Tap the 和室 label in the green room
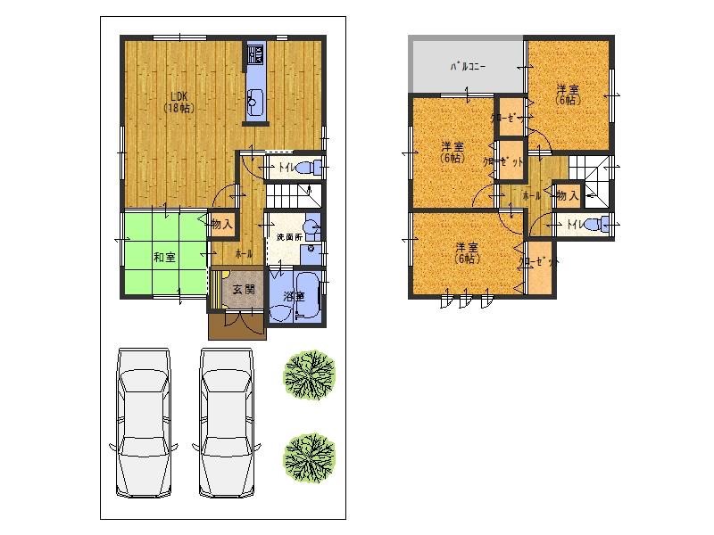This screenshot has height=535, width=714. [x=163, y=258]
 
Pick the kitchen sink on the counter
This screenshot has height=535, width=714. [x=253, y=103]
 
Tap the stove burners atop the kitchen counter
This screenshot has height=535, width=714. [x=253, y=54]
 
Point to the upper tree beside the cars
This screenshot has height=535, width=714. [x=309, y=374]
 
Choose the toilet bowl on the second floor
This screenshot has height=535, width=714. [x=603, y=224]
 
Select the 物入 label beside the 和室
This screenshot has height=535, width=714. [x=222, y=225]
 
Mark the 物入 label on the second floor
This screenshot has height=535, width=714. [x=568, y=193]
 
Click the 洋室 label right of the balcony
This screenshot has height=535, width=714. [x=568, y=95]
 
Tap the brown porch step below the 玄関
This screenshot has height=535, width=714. [x=237, y=326]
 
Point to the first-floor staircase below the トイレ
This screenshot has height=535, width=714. [x=290, y=193]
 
